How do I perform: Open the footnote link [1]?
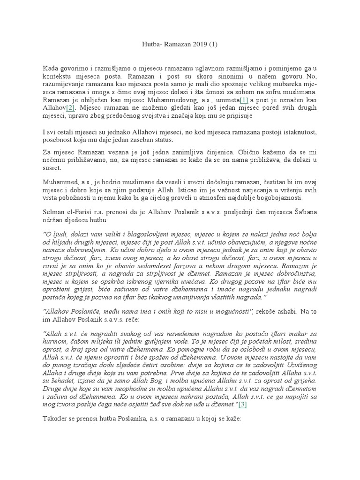[244, 100]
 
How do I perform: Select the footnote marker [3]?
[242, 405]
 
